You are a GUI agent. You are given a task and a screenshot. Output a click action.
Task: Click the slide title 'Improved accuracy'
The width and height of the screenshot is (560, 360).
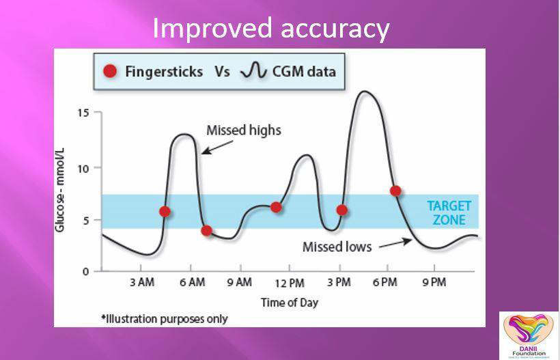point(270,29)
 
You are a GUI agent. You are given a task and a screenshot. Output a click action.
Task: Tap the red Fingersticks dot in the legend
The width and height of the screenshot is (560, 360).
point(109,71)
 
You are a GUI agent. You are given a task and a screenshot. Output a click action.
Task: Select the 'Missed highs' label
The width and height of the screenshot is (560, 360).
point(243,130)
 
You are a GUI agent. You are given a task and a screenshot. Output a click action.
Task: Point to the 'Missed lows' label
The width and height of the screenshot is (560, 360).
point(337,247)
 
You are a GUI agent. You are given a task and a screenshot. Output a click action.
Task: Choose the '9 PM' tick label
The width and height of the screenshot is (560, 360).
point(434,283)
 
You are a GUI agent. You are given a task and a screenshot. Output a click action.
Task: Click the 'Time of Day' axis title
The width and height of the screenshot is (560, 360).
point(289,302)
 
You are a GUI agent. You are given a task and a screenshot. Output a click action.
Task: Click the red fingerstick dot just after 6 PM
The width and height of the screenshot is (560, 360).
point(395,191)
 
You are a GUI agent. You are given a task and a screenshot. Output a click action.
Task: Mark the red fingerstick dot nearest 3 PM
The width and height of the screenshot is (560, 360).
point(342,210)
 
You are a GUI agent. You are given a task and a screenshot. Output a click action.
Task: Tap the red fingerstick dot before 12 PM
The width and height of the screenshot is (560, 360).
point(276,207)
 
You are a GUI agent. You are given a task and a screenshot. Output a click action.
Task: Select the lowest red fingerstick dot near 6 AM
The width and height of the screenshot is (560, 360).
point(207,231)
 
